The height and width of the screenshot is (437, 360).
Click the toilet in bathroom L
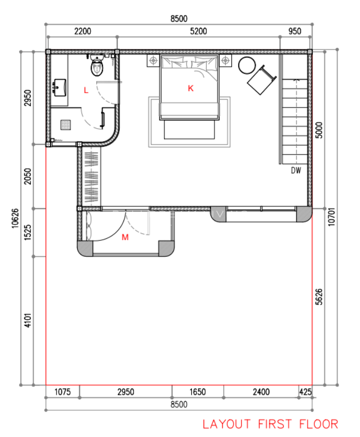(97, 66)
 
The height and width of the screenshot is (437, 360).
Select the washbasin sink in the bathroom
(60, 88)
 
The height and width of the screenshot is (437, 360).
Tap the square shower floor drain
(65, 125)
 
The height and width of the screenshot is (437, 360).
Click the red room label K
(190, 89)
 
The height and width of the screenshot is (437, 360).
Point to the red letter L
(86, 90)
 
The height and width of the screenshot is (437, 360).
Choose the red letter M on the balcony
(125, 237)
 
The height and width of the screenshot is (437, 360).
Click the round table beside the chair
(247, 65)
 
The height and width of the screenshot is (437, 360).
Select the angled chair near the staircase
(262, 80)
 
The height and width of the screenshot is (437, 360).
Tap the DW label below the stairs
(296, 170)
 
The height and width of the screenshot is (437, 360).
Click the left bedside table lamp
(153, 60)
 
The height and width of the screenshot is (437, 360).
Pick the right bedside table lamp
(225, 60)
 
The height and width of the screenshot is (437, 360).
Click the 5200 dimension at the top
(198, 31)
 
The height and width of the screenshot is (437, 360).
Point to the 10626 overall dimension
(15, 218)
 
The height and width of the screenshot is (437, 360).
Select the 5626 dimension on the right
(319, 296)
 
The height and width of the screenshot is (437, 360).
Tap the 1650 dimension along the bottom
(197, 392)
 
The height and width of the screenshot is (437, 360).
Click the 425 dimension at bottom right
(305, 392)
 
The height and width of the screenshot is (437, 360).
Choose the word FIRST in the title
(275, 424)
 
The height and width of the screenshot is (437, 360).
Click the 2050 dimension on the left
(28, 177)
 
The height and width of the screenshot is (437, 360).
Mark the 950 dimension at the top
(295, 31)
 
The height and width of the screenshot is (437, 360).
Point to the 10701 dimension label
(331, 217)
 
